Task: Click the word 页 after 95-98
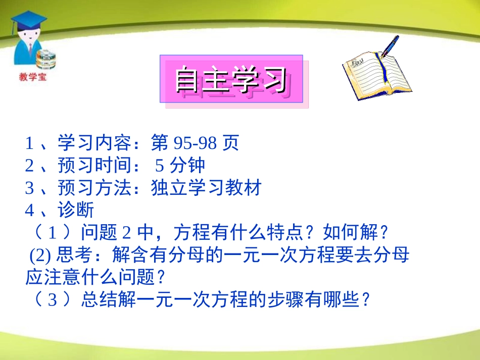click(230, 144)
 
